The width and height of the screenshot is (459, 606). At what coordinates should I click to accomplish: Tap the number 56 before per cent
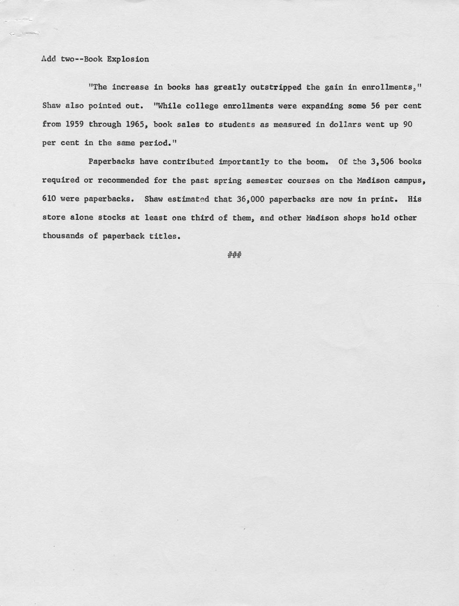(x=375, y=106)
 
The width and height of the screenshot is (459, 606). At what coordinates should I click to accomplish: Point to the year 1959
(x=75, y=124)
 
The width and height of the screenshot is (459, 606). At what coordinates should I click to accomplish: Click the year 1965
(x=136, y=124)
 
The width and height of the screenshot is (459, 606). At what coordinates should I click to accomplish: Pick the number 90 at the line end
(x=407, y=124)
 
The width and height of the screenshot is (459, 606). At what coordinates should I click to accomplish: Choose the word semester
(x=264, y=180)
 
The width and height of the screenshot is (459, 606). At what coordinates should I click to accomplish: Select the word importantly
(x=244, y=162)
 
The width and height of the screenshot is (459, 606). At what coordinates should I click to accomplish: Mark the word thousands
(x=63, y=236)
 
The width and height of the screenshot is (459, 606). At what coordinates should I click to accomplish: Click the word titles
(x=165, y=236)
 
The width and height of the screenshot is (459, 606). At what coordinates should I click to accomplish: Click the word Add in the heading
(x=49, y=59)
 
